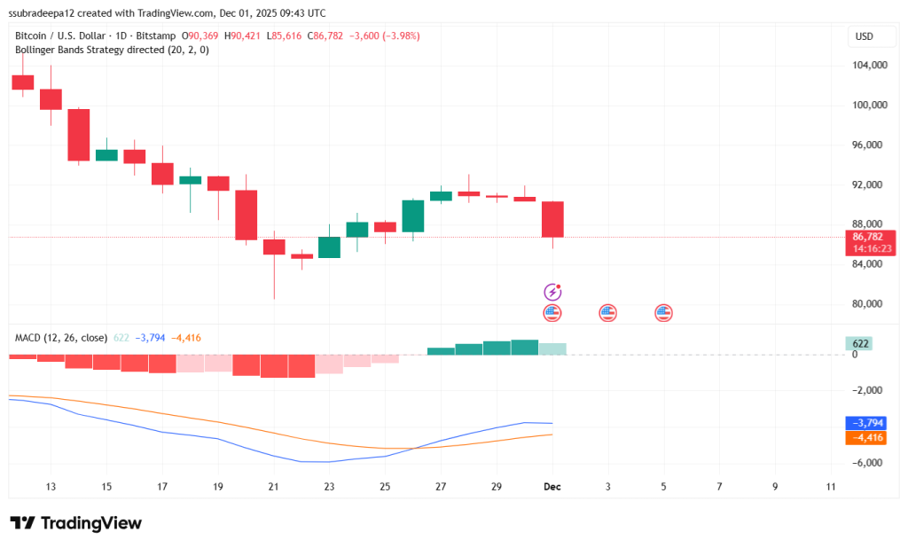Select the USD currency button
coord(864,36)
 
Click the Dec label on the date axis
coord(552,486)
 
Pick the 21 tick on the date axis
coord(273,486)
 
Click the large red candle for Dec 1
coord(552,219)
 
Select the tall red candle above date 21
coord(246,215)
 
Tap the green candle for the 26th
coord(412,215)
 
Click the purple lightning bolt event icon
coord(552,292)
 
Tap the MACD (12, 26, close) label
coord(61,338)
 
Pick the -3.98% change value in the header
coord(399,35)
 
